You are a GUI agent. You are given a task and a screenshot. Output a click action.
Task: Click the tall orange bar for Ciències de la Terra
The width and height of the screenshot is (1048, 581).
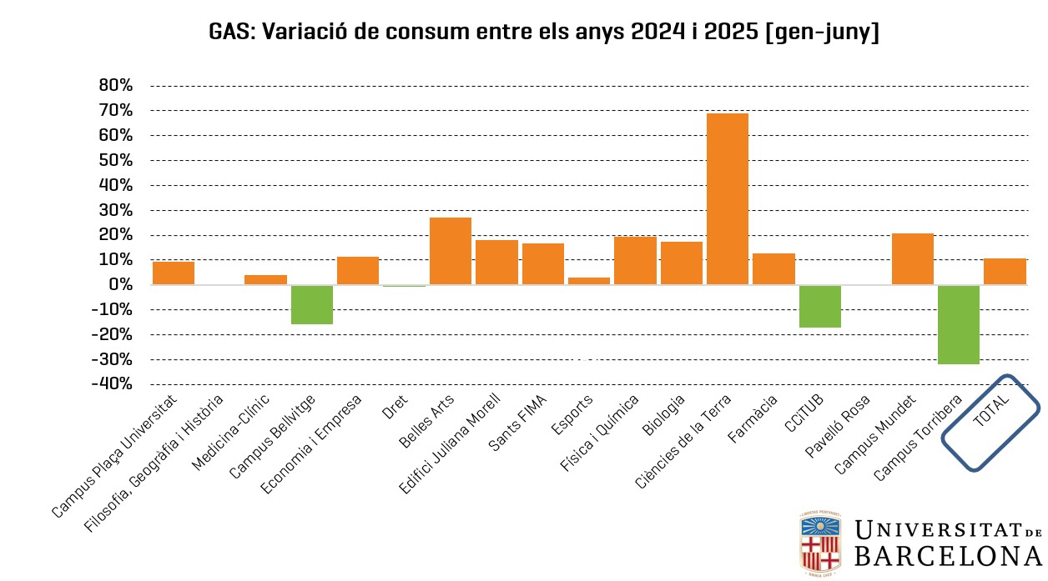[727, 198]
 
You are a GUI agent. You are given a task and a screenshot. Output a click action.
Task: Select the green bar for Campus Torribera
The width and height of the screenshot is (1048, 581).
[958, 324]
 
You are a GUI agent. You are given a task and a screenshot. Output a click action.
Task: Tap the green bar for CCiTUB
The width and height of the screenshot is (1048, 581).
[819, 306]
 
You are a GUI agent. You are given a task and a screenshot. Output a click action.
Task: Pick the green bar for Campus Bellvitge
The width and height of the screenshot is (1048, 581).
[311, 304]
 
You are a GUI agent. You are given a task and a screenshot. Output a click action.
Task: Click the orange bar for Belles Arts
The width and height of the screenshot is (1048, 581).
[450, 251]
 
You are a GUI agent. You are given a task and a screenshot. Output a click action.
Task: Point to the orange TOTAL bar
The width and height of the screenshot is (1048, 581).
[1005, 272]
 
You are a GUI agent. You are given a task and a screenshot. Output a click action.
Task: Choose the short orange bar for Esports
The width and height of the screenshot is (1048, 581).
[588, 281]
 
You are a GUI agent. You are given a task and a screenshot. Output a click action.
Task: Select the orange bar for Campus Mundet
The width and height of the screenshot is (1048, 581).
[912, 259]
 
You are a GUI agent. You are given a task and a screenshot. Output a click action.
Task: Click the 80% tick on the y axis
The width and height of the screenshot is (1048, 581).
[115, 85]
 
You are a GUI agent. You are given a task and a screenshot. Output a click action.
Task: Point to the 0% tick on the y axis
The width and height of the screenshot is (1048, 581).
[121, 285]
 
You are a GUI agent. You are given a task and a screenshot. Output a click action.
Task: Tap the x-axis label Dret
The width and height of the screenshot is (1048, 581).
[394, 407]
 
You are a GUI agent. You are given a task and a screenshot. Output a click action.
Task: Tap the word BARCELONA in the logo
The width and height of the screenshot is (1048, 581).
[947, 557]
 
